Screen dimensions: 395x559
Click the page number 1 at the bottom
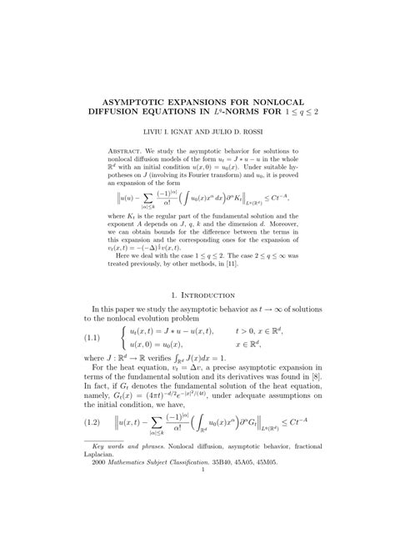click(197, 539)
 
